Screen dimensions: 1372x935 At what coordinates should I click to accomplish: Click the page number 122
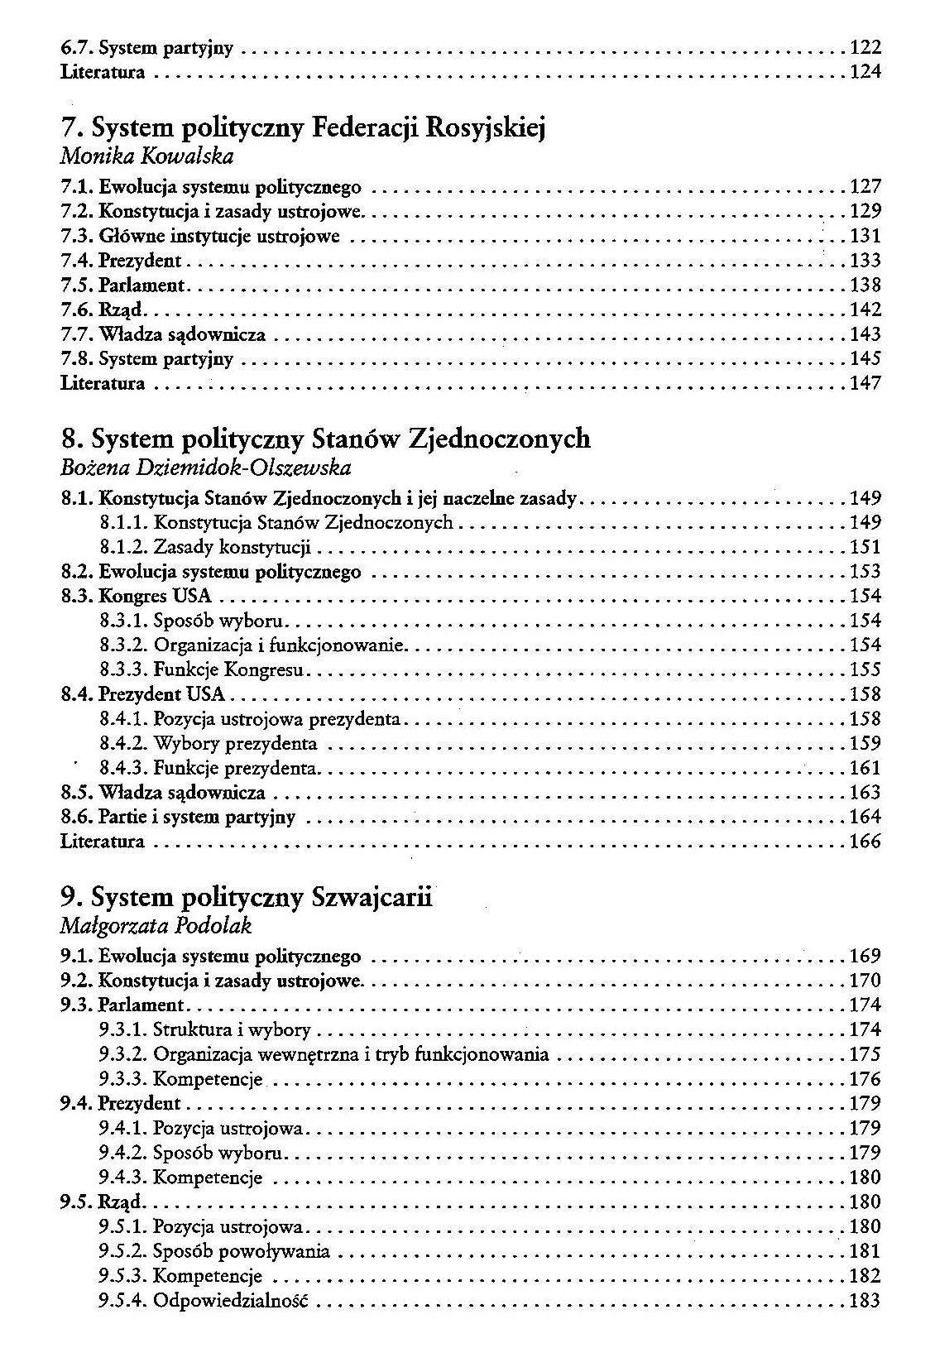[x=865, y=48]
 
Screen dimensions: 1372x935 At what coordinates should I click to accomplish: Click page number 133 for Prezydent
[x=865, y=261]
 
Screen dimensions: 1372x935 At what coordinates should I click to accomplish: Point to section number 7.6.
[x=77, y=310]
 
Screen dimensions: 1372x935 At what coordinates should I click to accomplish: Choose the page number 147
[x=865, y=383]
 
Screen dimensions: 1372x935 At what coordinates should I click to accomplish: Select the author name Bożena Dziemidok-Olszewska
[x=206, y=468]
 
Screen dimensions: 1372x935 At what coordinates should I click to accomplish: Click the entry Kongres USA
[x=155, y=596]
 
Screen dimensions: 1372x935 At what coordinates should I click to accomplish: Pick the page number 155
[x=865, y=669]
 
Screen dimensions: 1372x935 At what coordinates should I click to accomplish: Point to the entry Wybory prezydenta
[x=235, y=743]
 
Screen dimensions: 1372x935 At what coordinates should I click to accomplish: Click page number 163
[x=865, y=793]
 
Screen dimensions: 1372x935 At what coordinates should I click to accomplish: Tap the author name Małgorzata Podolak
[x=156, y=926]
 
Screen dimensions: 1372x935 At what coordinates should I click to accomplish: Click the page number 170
[x=865, y=981]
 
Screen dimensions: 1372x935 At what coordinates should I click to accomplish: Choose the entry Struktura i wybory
[x=232, y=1030]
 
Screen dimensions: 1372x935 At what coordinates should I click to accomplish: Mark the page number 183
[x=865, y=1301]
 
